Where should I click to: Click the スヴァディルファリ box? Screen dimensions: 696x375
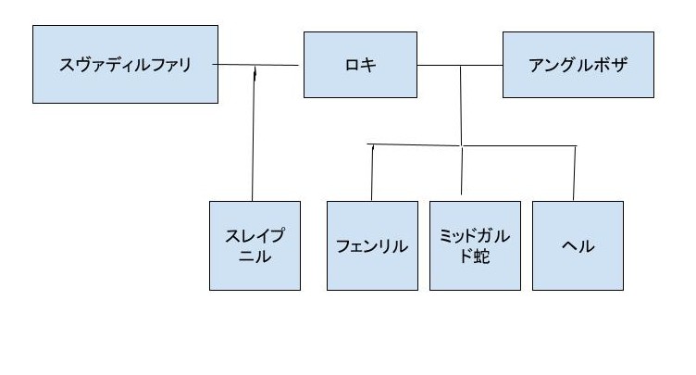pos(125,65)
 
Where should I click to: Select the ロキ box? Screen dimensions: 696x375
pos(360,65)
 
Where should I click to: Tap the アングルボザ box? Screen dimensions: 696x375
pos(578,65)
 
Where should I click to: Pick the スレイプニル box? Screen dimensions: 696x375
pos(255,245)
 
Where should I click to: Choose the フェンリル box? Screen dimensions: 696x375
pos(372,245)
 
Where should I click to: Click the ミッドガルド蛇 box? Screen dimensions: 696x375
pos(475,245)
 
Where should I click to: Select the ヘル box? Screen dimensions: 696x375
pos(578,245)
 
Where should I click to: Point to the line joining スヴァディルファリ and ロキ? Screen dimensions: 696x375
pos(255,65)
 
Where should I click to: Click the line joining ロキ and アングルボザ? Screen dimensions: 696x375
pos(460,66)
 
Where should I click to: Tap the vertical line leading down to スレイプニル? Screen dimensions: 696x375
pos(254,133)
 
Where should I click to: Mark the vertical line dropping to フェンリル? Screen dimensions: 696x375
pos(372,173)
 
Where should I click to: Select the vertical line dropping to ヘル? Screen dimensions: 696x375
pos(575,173)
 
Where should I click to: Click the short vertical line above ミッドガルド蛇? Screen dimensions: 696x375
pos(462,169)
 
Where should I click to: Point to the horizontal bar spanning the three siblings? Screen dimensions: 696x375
pos(472,145)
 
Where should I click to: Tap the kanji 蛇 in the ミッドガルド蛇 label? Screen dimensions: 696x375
pos(481,256)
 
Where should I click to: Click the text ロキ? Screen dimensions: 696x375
pos(360,65)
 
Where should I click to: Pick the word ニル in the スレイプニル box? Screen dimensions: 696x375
pos(255,256)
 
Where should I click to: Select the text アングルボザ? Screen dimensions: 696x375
pos(578,65)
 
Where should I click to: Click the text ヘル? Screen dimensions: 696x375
pos(578,245)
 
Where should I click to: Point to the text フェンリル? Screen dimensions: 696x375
pos(372,245)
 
